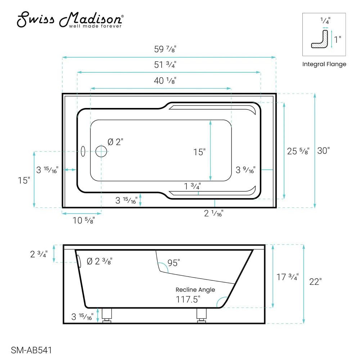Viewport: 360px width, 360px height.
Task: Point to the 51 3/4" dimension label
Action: pyautogui.click(x=165, y=65)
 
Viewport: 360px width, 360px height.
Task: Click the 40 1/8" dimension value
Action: pyautogui.click(x=165, y=81)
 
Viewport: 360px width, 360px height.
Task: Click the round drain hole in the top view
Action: pyautogui.click(x=101, y=151)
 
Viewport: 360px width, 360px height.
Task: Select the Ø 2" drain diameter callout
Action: pyautogui.click(x=116, y=142)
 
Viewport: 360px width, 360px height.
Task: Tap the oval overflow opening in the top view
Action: pyautogui.click(x=83, y=152)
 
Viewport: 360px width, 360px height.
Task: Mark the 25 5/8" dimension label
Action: pyautogui.click(x=298, y=151)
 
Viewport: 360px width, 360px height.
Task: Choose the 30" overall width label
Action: pyautogui.click(x=323, y=151)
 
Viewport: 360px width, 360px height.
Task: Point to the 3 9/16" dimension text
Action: pyautogui.click(x=246, y=169)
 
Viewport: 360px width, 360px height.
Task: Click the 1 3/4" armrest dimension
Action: pyautogui.click(x=192, y=186)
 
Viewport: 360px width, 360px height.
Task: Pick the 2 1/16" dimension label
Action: pyautogui.click(x=214, y=213)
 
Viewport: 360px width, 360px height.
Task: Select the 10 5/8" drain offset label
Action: pyautogui.click(x=84, y=220)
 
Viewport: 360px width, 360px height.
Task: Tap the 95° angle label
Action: pyautogui.click(x=173, y=263)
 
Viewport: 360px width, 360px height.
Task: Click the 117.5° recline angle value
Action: pyautogui.click(x=188, y=299)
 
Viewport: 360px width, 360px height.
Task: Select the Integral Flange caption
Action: pyautogui.click(x=324, y=64)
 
